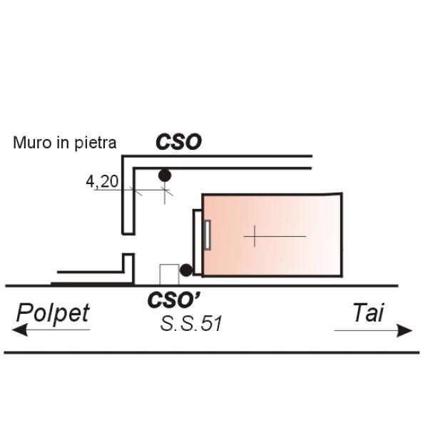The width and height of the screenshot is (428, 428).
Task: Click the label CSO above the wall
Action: (x=178, y=142)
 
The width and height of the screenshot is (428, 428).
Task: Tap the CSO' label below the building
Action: (x=173, y=300)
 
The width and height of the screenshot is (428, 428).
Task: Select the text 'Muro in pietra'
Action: (x=64, y=143)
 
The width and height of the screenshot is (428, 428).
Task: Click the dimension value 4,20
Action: (x=102, y=182)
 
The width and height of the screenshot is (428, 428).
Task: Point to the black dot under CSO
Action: (x=165, y=175)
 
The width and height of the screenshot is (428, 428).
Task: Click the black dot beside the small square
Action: (x=185, y=270)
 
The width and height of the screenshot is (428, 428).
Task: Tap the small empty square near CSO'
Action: (x=169, y=274)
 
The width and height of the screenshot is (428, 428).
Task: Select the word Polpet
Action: (x=53, y=312)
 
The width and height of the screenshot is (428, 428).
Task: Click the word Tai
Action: (x=368, y=312)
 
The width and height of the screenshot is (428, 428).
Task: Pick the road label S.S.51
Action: (x=191, y=324)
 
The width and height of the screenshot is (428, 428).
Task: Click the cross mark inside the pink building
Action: (x=255, y=236)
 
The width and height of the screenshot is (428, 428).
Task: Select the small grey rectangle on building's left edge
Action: (x=208, y=235)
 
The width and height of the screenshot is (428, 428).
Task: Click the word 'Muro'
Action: (x=29, y=143)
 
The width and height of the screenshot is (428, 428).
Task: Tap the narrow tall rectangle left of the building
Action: (x=198, y=243)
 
